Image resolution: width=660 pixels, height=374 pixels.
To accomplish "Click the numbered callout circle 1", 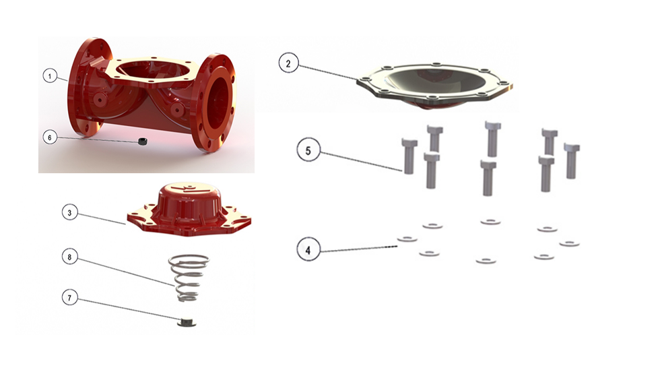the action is coord(50,76).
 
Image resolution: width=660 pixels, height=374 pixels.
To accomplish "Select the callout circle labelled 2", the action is coord(288,63).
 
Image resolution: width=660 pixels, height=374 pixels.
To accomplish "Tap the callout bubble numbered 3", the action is coord(70,213).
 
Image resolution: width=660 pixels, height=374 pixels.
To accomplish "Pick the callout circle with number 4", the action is coord(308,250).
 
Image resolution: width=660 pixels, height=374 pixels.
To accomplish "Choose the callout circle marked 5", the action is coord(308,150).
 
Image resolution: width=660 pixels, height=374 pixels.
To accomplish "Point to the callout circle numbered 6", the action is coord(50,137).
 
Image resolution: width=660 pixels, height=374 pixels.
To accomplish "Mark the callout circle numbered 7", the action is coord(69,298).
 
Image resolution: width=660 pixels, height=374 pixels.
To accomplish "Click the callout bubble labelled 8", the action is coord(69,257).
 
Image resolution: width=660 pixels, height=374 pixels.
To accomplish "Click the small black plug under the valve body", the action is coord(143,142).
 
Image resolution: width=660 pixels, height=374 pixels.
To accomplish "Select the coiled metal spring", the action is coord(189,278).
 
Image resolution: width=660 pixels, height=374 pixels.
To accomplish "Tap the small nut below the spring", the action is coord(186,322).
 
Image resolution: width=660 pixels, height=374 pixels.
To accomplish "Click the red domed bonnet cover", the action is coord(189,209).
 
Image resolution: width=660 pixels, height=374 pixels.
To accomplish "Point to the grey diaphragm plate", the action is coord(434,85).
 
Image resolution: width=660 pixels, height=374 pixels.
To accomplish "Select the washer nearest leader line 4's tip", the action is coord(407,239).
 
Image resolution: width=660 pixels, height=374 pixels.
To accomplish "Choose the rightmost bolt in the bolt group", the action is coord(572,161).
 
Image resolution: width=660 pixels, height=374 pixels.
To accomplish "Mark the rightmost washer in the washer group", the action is coord(570,243).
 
